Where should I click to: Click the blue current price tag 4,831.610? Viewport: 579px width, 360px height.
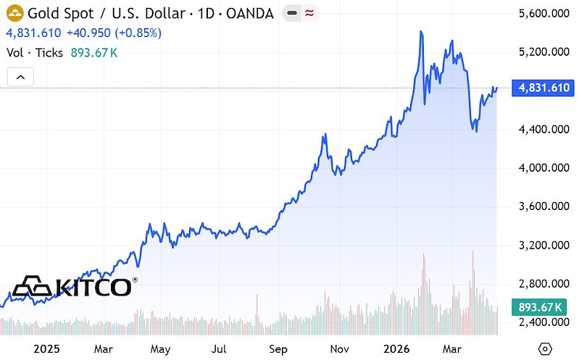[x=544, y=88]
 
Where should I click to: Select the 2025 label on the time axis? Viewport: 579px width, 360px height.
[x=46, y=348]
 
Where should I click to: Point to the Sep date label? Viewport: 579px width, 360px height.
[x=278, y=348]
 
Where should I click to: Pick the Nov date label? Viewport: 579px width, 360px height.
[x=338, y=348]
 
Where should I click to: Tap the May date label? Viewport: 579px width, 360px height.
[x=161, y=348]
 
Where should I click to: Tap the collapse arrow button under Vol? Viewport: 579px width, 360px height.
[x=20, y=77]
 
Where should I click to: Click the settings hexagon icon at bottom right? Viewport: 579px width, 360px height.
[x=546, y=348]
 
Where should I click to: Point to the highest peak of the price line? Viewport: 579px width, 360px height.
[x=421, y=32]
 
